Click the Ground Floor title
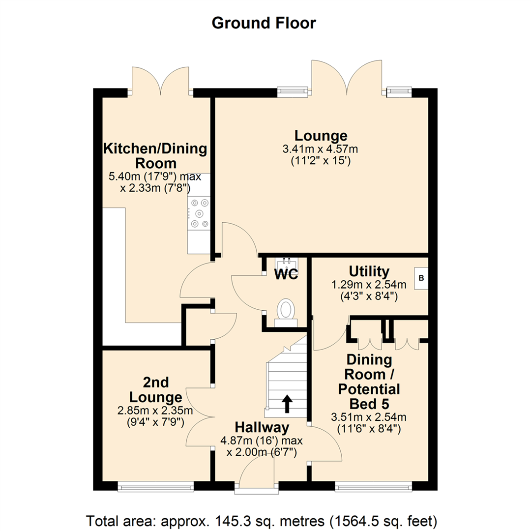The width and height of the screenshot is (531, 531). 264,23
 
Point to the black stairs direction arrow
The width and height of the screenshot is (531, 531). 287,403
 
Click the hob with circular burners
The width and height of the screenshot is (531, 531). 199,213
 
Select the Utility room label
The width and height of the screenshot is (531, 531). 369,271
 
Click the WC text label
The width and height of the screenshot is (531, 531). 286,274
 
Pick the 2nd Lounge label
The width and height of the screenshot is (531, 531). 156,389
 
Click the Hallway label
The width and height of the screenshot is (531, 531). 262,427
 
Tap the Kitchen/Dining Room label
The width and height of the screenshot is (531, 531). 155,156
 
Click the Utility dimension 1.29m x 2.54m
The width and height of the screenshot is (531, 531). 369,285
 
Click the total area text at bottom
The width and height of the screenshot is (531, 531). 262,520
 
